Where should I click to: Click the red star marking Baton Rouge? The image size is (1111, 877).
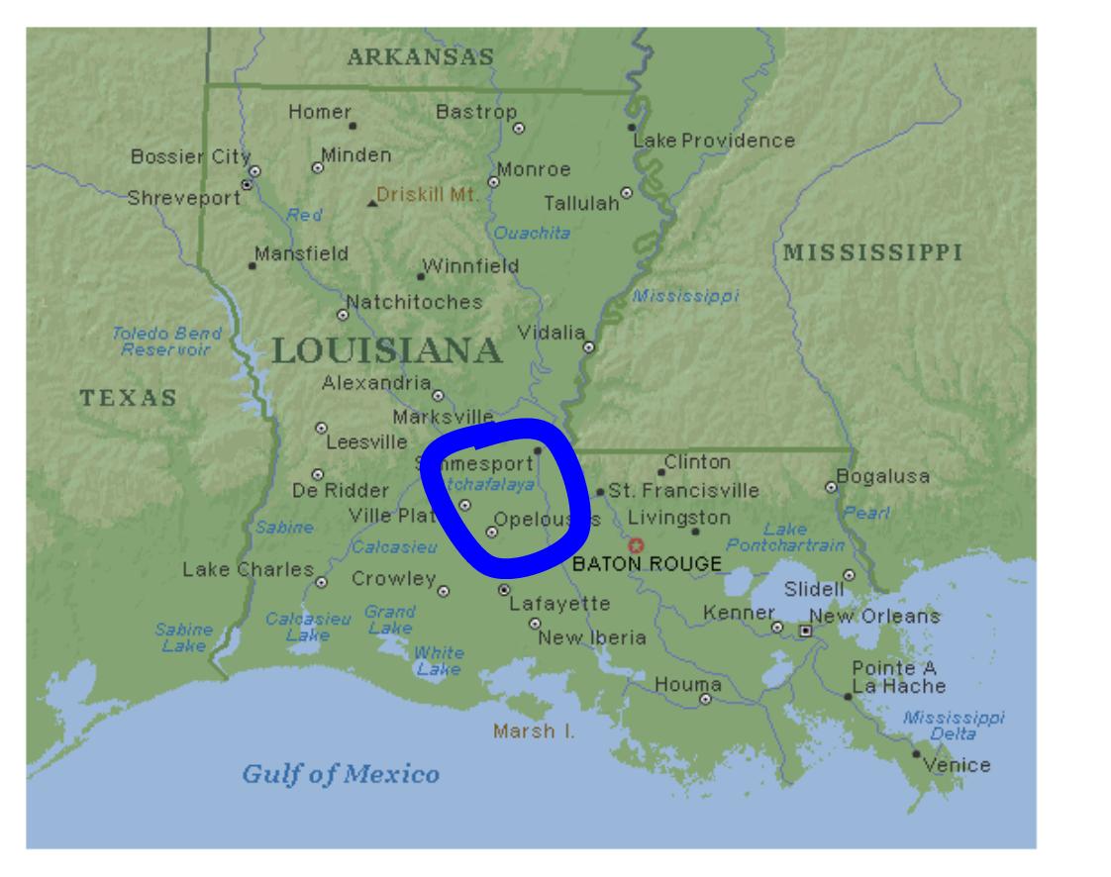click(636, 544)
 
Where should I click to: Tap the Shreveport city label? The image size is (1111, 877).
click(184, 197)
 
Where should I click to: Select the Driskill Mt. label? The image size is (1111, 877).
click(427, 194)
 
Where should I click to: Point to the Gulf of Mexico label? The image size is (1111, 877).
click(341, 773)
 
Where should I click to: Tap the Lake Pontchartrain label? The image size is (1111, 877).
click(785, 537)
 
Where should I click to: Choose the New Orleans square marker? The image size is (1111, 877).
click(805, 630)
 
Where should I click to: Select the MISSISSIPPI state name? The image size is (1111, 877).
click(872, 250)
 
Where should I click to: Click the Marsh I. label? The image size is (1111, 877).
click(533, 732)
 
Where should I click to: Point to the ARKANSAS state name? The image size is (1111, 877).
click(420, 57)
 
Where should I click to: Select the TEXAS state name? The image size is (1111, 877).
click(129, 398)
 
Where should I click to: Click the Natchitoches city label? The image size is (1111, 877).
click(414, 301)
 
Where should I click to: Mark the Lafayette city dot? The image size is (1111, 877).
click(504, 590)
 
